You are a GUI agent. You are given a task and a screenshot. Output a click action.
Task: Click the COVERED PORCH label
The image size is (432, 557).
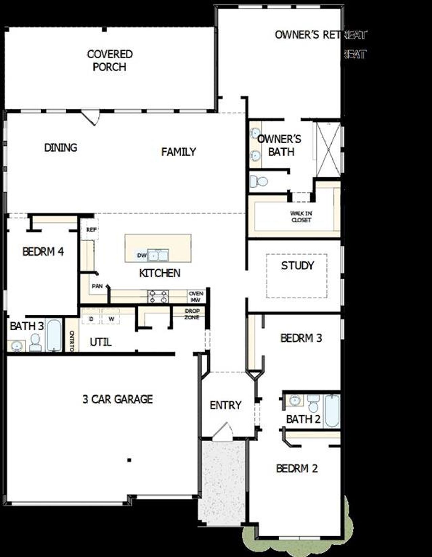point(109,60)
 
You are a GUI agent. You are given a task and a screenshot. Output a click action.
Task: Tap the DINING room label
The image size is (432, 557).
point(61,147)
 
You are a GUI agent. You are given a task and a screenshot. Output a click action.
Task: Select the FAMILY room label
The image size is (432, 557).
point(179,152)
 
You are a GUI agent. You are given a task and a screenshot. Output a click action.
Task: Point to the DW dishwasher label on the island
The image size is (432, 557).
point(142,255)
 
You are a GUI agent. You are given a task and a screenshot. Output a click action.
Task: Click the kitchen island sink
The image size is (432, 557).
point(158,255)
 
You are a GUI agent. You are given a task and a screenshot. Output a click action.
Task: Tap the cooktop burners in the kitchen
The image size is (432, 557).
point(158,296)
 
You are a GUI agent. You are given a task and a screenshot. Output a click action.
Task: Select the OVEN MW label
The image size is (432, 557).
point(196,296)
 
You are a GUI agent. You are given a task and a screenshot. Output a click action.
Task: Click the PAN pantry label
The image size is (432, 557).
point(97,286)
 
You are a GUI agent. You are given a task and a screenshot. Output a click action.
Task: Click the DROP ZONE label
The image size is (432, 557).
point(192,314)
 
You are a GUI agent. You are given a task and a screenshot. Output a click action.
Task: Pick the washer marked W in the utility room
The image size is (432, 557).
point(111,318)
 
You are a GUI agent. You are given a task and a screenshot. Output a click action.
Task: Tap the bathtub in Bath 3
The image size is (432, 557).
point(54,335)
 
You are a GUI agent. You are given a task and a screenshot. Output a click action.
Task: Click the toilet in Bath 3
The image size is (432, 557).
point(35,343)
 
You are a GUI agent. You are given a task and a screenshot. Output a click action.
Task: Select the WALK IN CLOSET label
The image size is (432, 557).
point(301,216)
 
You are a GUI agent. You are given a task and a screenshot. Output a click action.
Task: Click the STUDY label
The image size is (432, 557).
point(297,265)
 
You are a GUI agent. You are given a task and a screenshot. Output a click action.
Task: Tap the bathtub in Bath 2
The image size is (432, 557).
point(332,411)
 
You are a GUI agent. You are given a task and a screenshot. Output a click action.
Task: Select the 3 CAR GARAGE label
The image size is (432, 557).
point(117,399)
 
